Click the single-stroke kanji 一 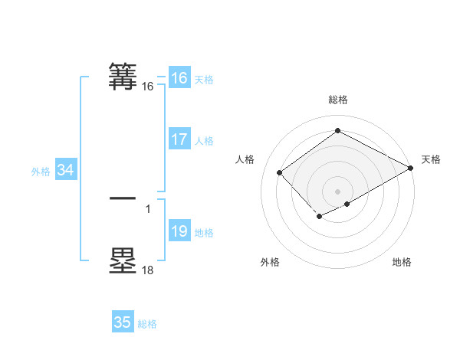pyautogui.click(x=123, y=198)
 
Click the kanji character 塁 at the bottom pyautogui.click(x=123, y=260)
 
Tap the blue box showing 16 pyautogui.click(x=179, y=78)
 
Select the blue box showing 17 pyautogui.click(x=179, y=139)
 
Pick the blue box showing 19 pyautogui.click(x=179, y=231)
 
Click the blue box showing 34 pyautogui.click(x=65, y=170)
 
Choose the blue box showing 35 pyautogui.click(x=122, y=322)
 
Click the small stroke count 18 pyautogui.click(x=148, y=270)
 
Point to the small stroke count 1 pyautogui.click(x=148, y=208)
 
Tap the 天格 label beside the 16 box pyautogui.click(x=204, y=80)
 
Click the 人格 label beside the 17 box pyautogui.click(x=204, y=141)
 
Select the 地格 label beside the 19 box pyautogui.click(x=204, y=233)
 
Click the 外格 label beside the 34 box pyautogui.click(x=41, y=172)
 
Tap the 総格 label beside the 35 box pyautogui.click(x=147, y=324)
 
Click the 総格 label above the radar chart pyautogui.click(x=338, y=100)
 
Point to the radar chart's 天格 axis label pyautogui.click(x=431, y=159)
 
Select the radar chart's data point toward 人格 pyautogui.click(x=280, y=172)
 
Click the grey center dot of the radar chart pyautogui.click(x=338, y=191)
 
